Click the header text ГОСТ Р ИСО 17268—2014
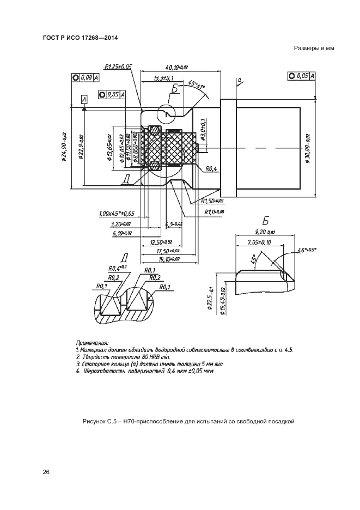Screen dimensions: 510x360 80,38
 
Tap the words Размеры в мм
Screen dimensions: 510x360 313,48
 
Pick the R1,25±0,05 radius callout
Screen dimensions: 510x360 118,66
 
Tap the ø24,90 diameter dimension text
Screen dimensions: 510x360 64,147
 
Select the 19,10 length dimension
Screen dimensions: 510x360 161,260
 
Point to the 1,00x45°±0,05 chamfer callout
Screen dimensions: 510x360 117,214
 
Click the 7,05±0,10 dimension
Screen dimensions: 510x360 259,242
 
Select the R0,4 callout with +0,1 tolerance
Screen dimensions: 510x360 117,268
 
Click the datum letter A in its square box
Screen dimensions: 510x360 84,99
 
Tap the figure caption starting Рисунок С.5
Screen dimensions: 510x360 188,421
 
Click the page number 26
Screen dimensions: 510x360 46,472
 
